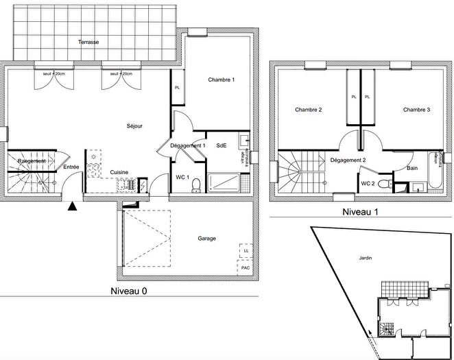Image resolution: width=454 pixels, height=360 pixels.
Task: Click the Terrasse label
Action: pos(88,43)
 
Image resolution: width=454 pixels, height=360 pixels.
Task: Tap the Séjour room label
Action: pos(134,126)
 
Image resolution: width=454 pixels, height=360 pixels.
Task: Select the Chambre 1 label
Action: pos(222,80)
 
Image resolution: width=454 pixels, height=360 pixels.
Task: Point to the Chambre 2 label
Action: pos(309,110)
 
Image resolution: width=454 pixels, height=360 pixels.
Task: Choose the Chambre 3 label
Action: pos(416,110)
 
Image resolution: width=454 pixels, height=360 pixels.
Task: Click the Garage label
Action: pos(207,239)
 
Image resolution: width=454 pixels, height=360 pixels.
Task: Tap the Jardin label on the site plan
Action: pos(365,259)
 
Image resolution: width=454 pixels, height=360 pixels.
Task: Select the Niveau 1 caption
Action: pos(361,212)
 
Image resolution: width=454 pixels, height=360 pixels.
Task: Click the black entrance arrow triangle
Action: pos(73,204)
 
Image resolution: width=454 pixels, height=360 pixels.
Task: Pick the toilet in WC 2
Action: pos(389,184)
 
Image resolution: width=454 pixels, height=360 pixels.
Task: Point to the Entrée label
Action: pos(71,167)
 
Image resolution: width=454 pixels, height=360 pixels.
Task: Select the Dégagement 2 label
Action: pos(348,160)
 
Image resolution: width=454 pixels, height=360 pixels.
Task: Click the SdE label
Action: pos(221,145)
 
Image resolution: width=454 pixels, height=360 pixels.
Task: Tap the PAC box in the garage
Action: pos(245,267)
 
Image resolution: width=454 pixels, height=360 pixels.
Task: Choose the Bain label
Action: pos(412,168)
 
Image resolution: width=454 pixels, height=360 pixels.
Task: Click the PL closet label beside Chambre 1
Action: pos(177,88)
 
